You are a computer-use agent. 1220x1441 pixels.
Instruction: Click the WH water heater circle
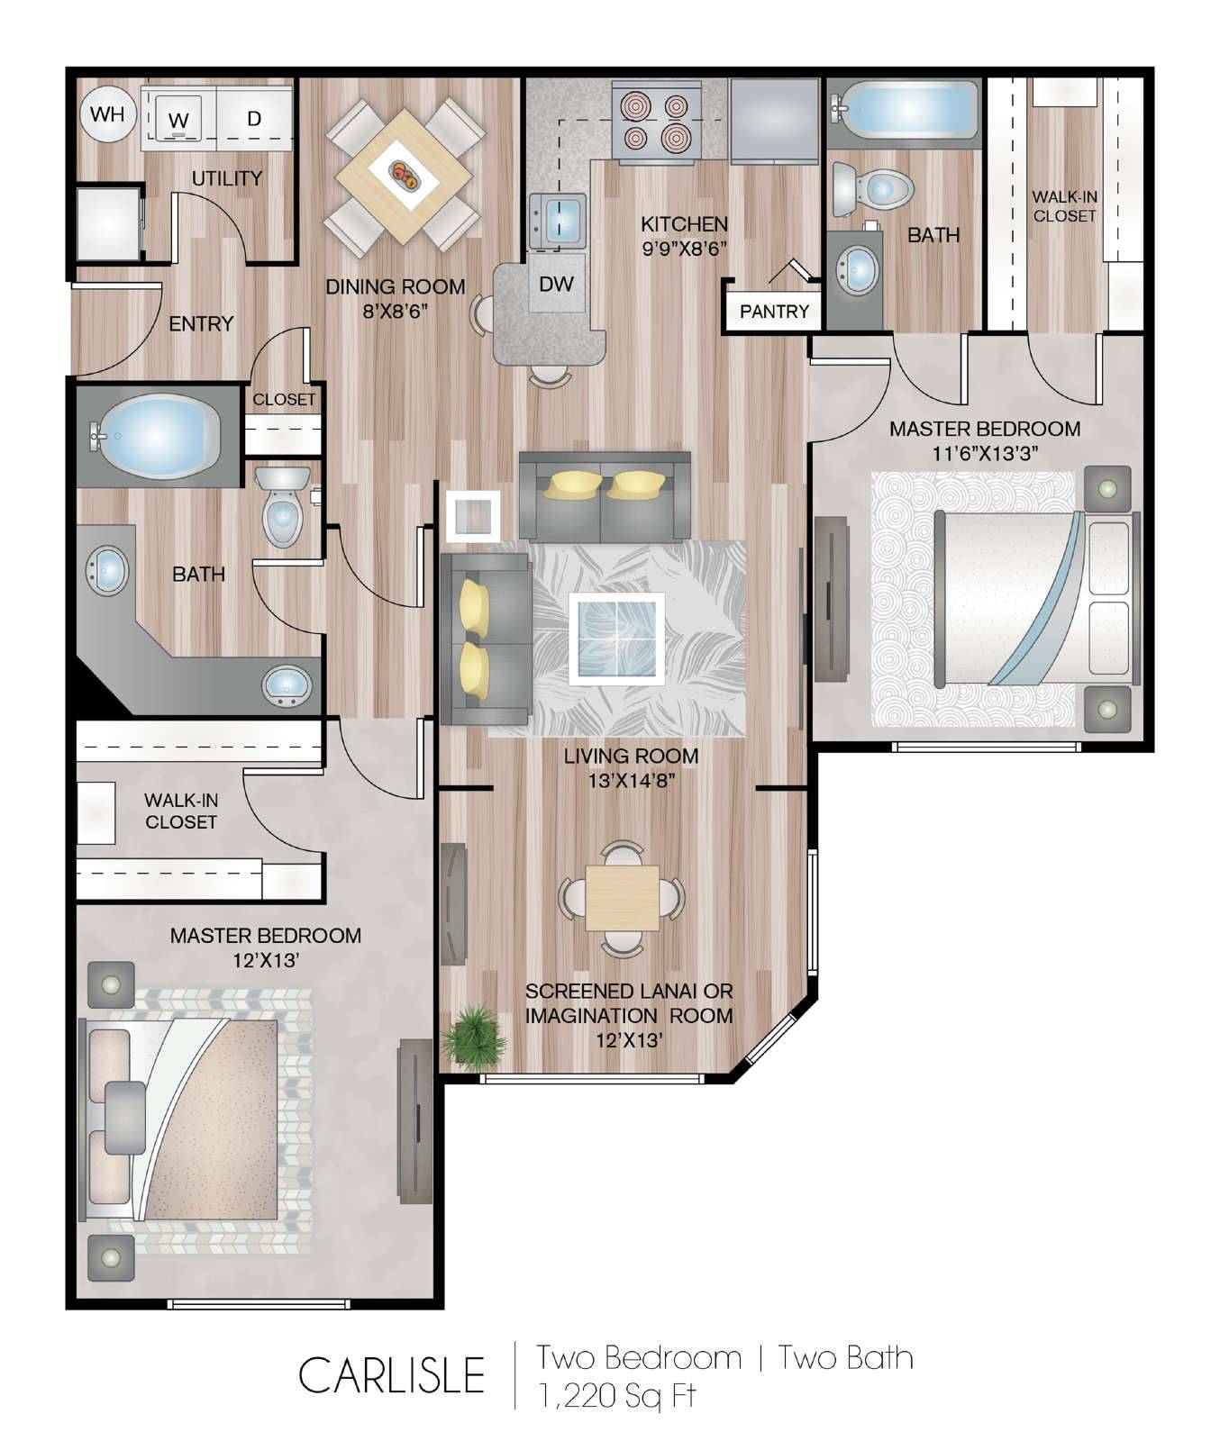(107, 115)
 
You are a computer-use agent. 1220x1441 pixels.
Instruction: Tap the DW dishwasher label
(556, 284)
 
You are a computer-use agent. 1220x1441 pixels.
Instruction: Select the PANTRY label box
(774, 312)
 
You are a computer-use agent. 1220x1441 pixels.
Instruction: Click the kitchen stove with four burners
(656, 122)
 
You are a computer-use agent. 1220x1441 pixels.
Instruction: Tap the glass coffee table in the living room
(617, 637)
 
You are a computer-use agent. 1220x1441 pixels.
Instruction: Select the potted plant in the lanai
(474, 1037)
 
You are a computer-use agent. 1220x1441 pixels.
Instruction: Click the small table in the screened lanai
(621, 897)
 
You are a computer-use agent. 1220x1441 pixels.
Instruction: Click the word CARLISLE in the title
(392, 1375)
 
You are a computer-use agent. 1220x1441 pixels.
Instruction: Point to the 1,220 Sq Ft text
(617, 1395)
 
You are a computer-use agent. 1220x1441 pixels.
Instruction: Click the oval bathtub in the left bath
(159, 437)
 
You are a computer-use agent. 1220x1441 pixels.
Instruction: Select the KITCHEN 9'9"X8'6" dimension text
(684, 236)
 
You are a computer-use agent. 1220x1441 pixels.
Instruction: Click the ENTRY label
(201, 323)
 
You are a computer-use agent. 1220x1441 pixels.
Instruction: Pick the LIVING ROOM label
(631, 756)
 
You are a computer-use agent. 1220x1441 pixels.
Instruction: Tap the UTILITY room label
(227, 178)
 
